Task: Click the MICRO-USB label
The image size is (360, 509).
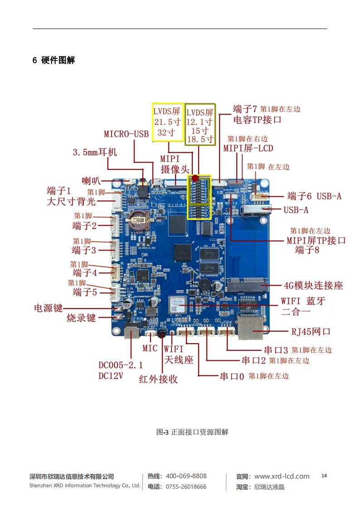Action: (126, 134)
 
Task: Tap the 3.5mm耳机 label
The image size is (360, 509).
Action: (95, 152)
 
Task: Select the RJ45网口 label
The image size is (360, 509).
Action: (310, 332)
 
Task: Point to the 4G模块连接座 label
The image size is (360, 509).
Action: (313, 286)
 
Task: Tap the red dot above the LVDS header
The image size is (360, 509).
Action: (195, 178)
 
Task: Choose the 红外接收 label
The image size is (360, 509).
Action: (158, 379)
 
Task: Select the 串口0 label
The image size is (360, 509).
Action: (232, 376)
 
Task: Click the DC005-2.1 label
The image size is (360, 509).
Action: (121, 365)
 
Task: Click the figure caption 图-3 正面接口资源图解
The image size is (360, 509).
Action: (192, 432)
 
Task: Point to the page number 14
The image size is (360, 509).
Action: (324, 475)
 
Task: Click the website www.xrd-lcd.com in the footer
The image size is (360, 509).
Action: (282, 476)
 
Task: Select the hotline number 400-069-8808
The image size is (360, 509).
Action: (186, 476)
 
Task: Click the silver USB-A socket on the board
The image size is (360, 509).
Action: (257, 209)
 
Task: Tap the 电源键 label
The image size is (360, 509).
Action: (49, 308)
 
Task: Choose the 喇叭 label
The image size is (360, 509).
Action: (91, 180)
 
